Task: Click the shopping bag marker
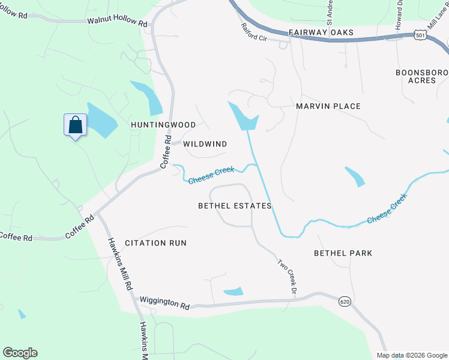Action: (75, 125)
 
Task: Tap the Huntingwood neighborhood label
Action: (163, 125)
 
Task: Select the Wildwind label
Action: (205, 144)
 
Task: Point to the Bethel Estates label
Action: (235, 206)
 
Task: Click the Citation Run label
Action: (155, 243)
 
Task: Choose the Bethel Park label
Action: (343, 253)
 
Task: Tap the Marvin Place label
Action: (328, 106)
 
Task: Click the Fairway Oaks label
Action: (321, 32)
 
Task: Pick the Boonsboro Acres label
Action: (421, 76)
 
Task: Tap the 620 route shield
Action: (344, 301)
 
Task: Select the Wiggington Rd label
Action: (164, 302)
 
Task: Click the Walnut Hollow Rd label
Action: (117, 21)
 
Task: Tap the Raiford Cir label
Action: (253, 35)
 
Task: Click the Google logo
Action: (20, 353)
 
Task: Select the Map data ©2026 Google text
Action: (411, 355)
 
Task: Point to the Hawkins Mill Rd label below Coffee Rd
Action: (119, 265)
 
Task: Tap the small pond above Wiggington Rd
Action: (234, 292)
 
